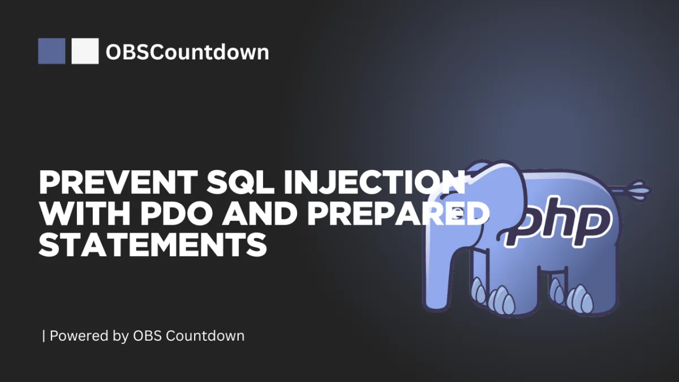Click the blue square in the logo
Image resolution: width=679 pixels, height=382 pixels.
pos(51,51)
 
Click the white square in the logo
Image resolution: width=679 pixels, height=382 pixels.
pos(85,51)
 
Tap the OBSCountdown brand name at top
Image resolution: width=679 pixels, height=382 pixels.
pos(187,52)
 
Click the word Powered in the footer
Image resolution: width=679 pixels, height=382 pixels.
pos(79,336)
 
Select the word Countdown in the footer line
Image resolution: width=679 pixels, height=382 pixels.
pos(205,336)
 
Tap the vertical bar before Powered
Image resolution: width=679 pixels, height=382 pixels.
pos(44,336)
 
